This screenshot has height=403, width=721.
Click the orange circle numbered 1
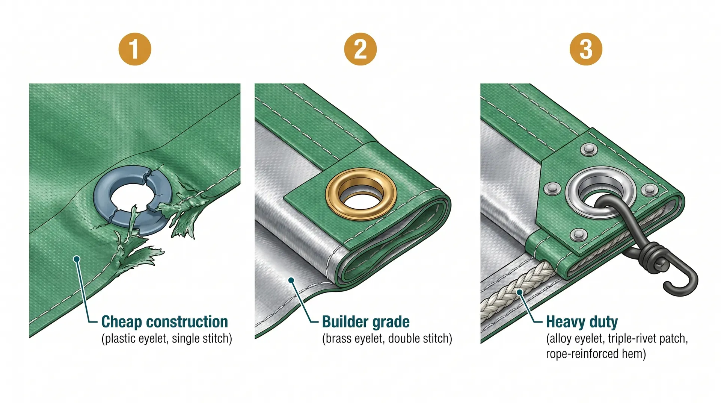135,49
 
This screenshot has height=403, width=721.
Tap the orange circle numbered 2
360,49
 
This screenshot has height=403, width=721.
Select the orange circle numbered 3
586,49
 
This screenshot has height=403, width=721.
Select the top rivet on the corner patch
589,150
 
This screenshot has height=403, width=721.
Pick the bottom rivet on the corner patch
578,235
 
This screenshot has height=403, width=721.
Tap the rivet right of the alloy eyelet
649,190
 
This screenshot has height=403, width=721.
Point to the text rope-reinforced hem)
596,354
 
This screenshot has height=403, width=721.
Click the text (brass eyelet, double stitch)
387,339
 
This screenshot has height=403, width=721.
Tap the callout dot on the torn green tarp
77,259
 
